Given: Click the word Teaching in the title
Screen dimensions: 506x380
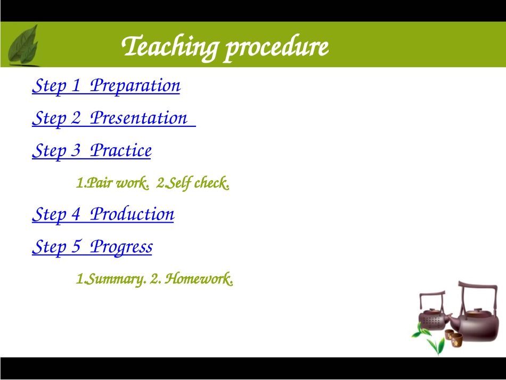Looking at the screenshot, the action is coord(170,47).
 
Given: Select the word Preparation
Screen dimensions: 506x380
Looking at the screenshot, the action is coord(135,86).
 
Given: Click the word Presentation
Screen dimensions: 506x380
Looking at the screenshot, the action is coord(138,118).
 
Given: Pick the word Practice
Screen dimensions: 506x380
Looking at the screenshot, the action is coord(121,150).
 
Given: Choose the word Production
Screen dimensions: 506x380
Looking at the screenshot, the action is coord(132,214).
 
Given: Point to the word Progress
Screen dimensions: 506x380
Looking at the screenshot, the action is coord(121,247).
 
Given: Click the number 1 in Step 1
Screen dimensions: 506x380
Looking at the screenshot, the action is coord(76,85).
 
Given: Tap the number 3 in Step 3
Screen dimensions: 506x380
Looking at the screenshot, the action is coord(76,150).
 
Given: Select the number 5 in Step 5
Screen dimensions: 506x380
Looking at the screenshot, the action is coord(76,246).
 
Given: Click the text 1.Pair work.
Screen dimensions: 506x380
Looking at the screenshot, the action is coord(112,183).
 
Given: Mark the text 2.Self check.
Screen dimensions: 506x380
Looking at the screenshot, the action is coord(193,183).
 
